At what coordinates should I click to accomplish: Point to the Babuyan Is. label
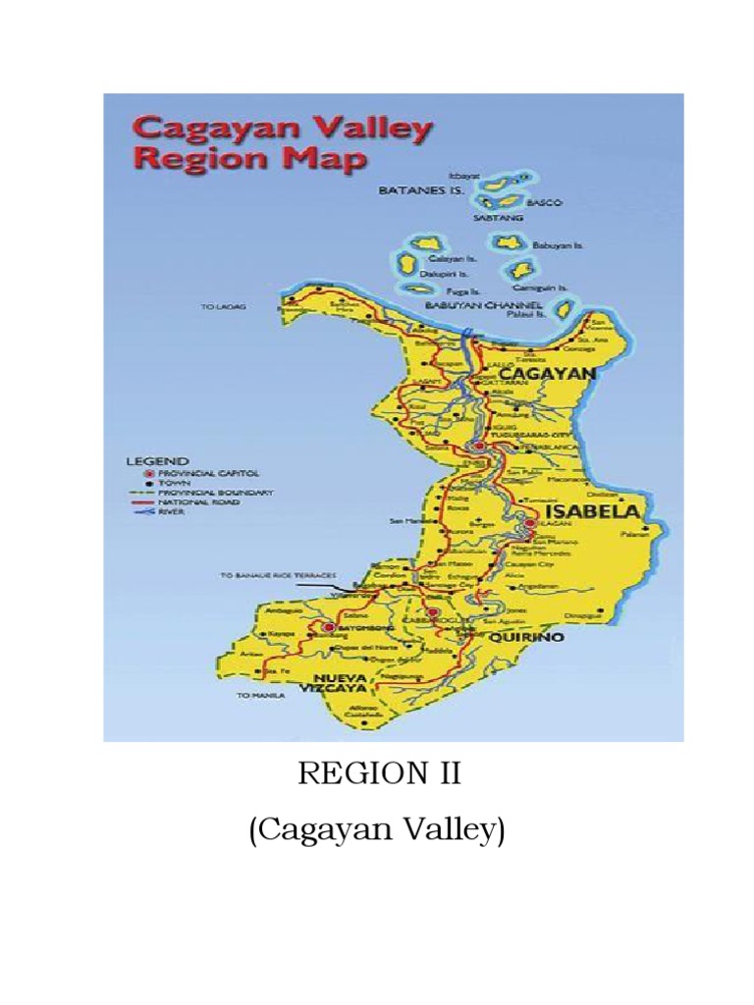[558, 245]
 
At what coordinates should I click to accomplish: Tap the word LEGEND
[159, 459]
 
